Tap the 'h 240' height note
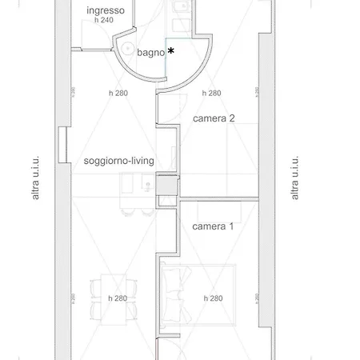pyautogui.click(x=104, y=20)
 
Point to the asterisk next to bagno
pyautogui.click(x=171, y=51)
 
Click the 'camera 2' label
pyautogui.click(x=214, y=118)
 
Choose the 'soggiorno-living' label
pyautogui.click(x=118, y=161)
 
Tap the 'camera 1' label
pyautogui.click(x=213, y=226)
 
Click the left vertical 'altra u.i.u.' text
pyautogui.click(x=35, y=178)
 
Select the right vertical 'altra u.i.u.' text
pyautogui.click(x=295, y=178)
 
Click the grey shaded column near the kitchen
pyautogui.click(x=166, y=186)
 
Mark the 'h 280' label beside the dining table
pyautogui.click(x=118, y=298)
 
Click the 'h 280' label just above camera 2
pyautogui.click(x=212, y=93)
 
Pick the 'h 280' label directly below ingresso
pyautogui.click(x=118, y=93)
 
